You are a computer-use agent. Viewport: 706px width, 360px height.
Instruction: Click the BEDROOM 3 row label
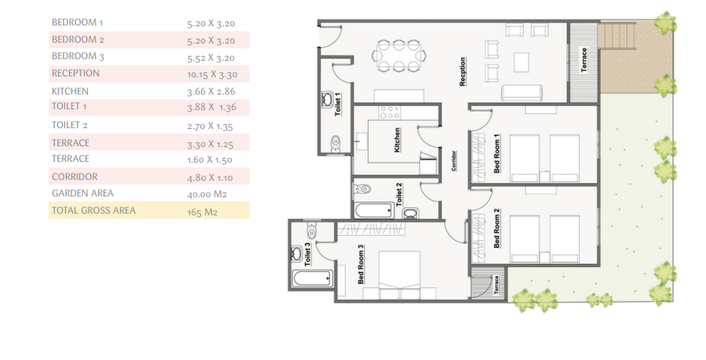click(x=78, y=58)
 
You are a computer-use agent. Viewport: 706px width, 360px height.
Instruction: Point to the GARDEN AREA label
click(x=81, y=193)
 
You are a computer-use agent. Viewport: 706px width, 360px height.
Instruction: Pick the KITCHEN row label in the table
click(x=70, y=91)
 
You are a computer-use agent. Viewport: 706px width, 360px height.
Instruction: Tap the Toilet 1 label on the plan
click(x=338, y=107)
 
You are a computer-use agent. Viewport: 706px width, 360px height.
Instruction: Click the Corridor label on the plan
click(x=454, y=160)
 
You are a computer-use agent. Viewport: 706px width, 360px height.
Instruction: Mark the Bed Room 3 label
click(x=362, y=264)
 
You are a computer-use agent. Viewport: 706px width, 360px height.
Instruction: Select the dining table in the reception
click(x=398, y=56)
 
